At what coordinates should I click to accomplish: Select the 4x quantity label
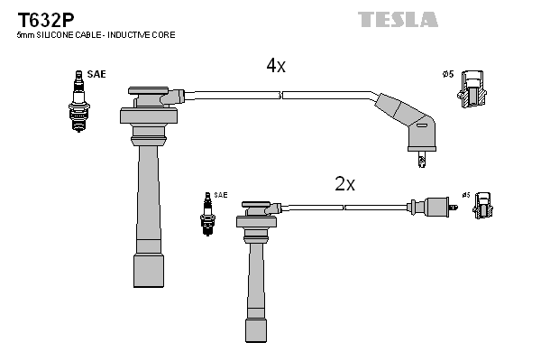(275, 66)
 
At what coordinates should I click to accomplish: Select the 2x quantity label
(344, 184)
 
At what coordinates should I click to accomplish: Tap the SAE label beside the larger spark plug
(96, 74)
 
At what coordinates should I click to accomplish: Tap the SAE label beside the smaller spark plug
(221, 195)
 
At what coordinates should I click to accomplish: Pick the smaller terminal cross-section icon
(482, 206)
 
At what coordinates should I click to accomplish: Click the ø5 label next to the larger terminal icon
(448, 74)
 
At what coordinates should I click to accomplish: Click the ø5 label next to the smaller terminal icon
(465, 194)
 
